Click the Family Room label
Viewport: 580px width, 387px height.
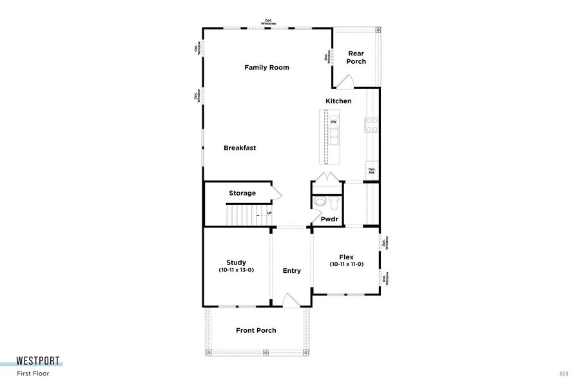coord(266,67)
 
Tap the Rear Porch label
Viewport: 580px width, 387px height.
coord(356,57)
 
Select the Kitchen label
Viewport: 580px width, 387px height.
coord(338,101)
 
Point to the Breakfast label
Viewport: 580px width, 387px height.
coord(240,148)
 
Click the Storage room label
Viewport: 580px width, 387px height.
coord(242,193)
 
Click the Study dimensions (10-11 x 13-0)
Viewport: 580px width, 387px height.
coord(236,270)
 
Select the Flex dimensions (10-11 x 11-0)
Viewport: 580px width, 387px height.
coord(346,264)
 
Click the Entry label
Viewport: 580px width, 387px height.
coord(291,271)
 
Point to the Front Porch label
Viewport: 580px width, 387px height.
coord(256,330)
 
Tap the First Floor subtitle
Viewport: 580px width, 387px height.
coord(33,373)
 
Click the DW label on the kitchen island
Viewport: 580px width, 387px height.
coord(333,122)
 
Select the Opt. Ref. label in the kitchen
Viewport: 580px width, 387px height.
coord(372,172)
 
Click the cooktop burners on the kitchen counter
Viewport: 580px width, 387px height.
coord(372,124)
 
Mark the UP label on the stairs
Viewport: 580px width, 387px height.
coord(268,213)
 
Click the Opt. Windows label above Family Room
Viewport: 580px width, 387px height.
coord(269,21)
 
